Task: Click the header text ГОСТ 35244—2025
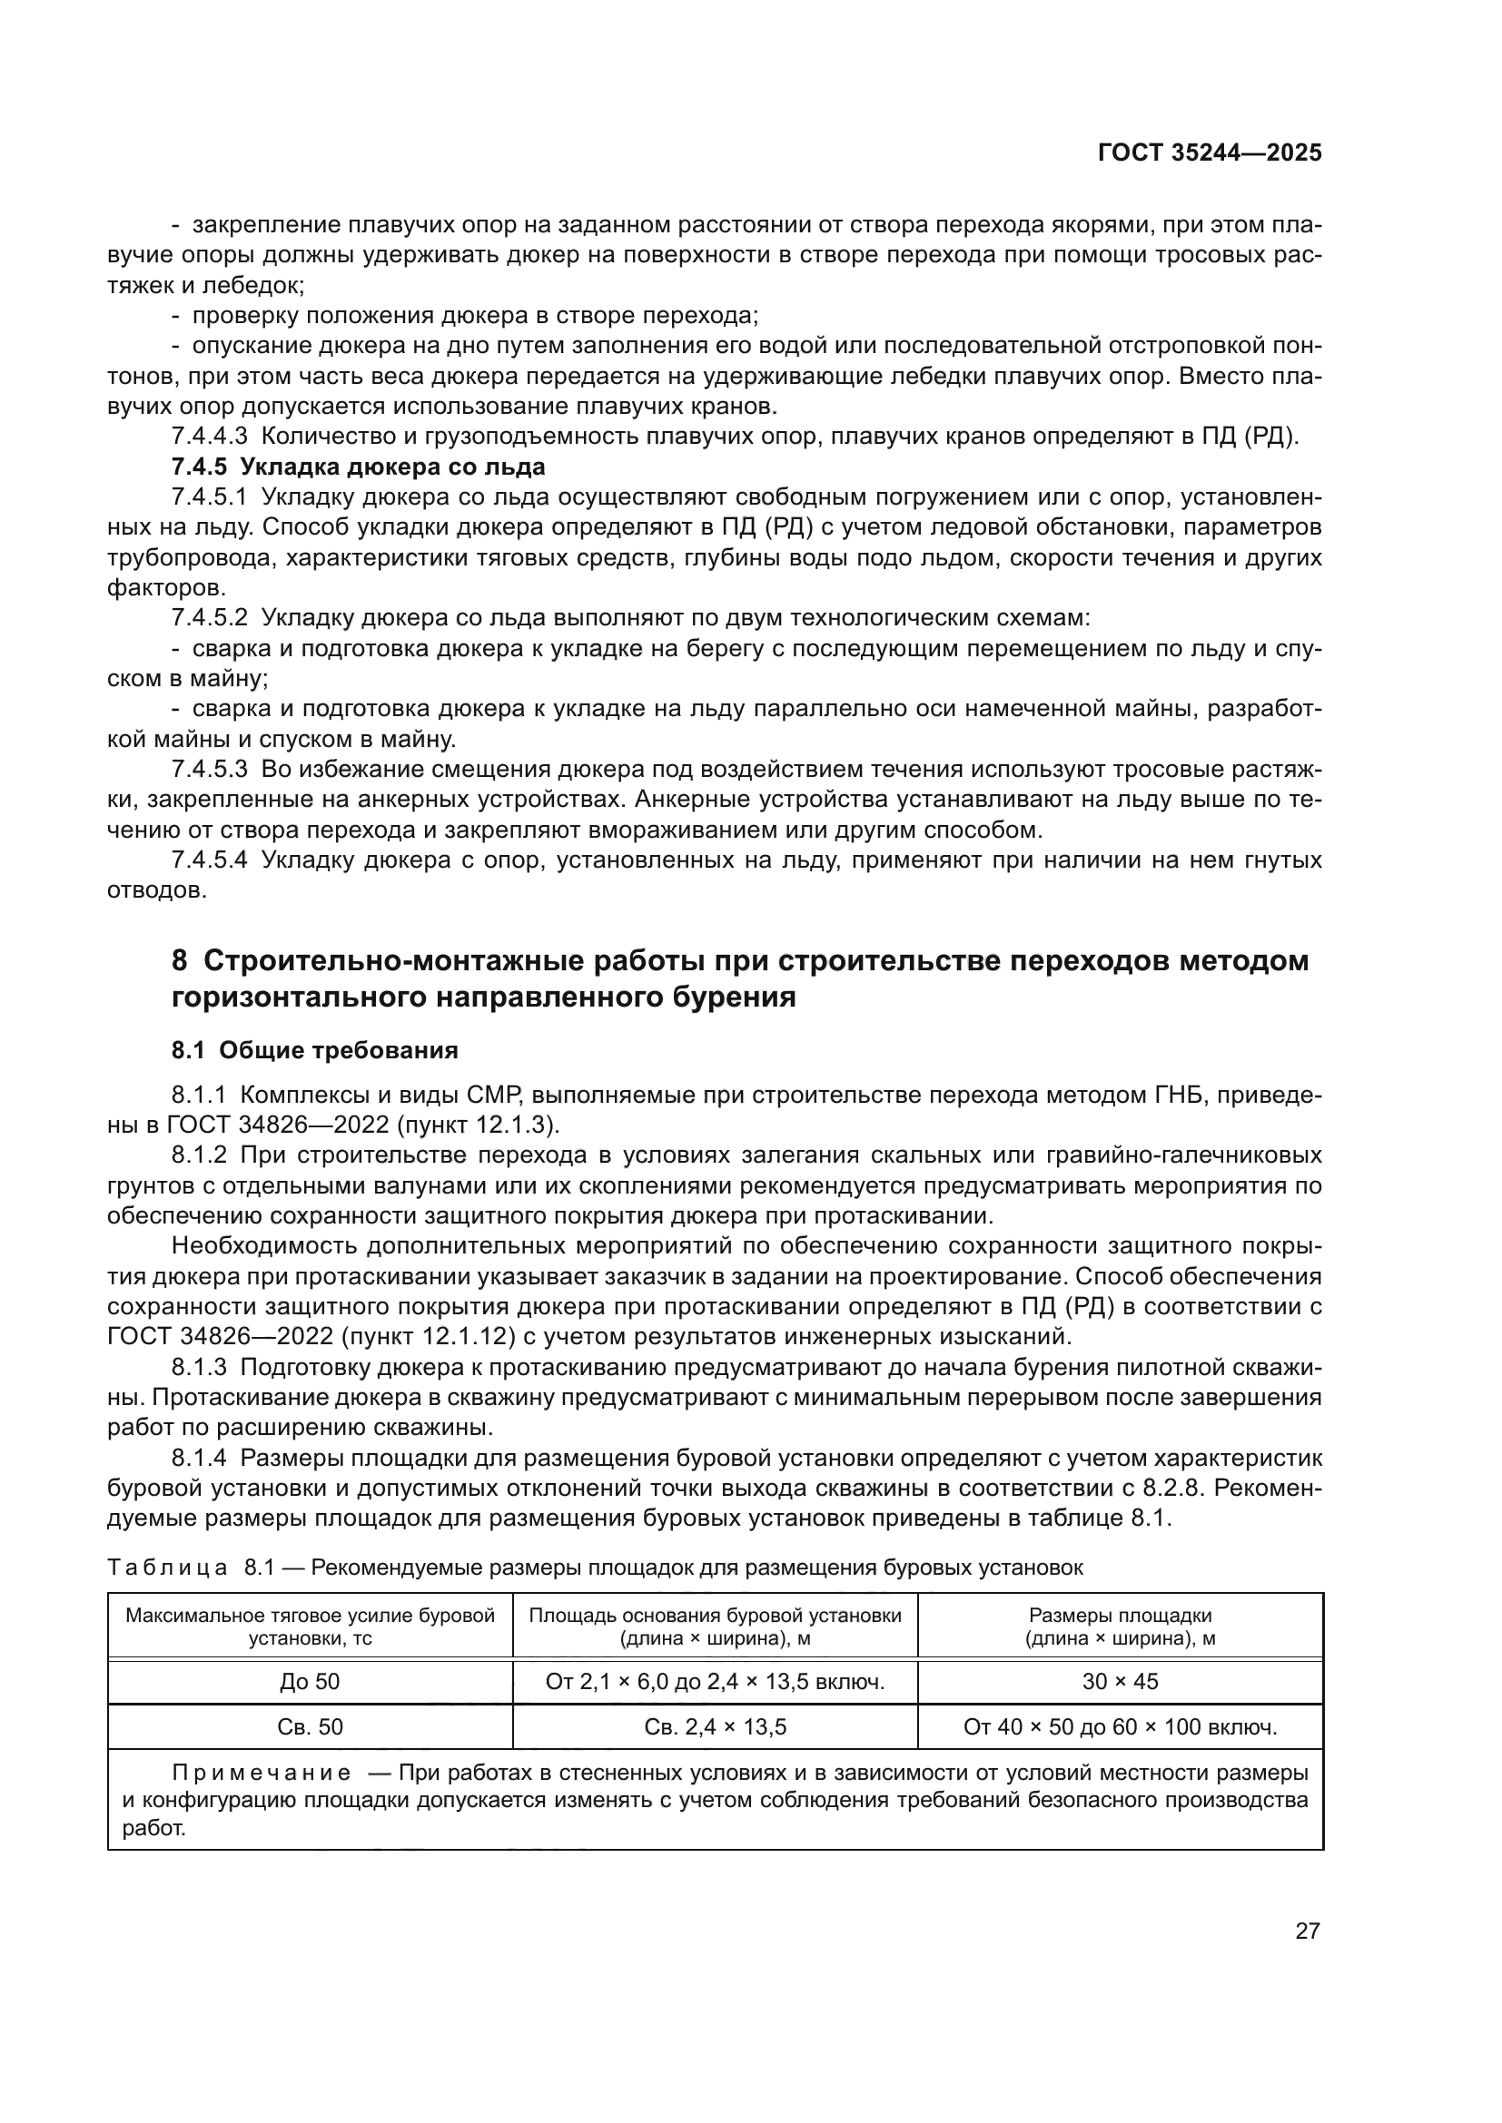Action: pos(1209,153)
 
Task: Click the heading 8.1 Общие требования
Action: pos(314,1050)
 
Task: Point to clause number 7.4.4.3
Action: pos(209,437)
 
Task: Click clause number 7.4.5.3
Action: pos(209,770)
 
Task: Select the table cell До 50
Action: pos(310,1682)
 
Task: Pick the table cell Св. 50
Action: pos(310,1727)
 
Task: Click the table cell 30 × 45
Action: pos(1120,1682)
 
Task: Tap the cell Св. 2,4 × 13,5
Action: pos(715,1727)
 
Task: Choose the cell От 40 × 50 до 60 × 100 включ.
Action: pos(1120,1727)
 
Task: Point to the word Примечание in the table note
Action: pos(262,1774)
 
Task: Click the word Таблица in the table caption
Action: pos(167,1568)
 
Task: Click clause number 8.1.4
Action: pos(198,1460)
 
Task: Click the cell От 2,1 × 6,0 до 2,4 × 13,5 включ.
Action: pos(715,1682)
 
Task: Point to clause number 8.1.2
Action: pos(198,1155)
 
